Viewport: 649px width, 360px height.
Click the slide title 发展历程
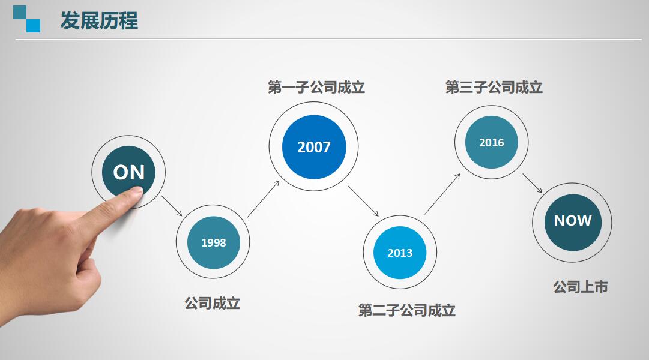pyautogui.click(x=99, y=21)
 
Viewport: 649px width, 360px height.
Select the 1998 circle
pyautogui.click(x=213, y=242)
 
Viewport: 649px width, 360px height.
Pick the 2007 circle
pyautogui.click(x=313, y=147)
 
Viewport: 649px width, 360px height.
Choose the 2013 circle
pyautogui.click(x=400, y=253)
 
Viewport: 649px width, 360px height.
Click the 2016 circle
pyautogui.click(x=491, y=143)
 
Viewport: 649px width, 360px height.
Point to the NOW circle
pyautogui.click(x=572, y=220)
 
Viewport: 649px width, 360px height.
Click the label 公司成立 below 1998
pyautogui.click(x=213, y=303)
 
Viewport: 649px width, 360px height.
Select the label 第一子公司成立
pyautogui.click(x=316, y=88)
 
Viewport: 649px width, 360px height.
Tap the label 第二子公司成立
pyautogui.click(x=407, y=310)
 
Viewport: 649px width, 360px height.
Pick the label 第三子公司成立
pyautogui.click(x=494, y=88)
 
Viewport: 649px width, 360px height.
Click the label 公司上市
pyautogui.click(x=581, y=287)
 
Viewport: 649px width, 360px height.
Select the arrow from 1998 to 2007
pyautogui.click(x=263, y=199)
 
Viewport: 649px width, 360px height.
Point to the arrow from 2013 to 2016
pyautogui.click(x=442, y=194)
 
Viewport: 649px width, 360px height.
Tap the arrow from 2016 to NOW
pyautogui.click(x=532, y=183)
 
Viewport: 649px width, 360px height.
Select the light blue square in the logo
pyautogui.click(x=34, y=25)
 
